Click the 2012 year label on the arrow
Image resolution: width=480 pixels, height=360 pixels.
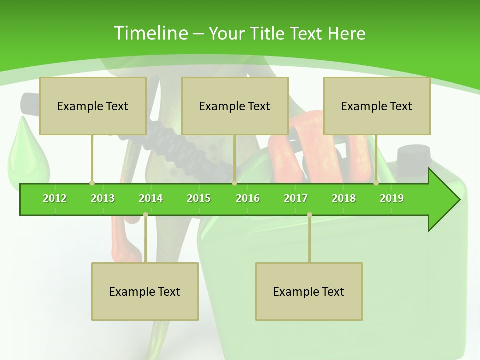point(55,198)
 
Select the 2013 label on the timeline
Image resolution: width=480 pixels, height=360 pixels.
point(103,198)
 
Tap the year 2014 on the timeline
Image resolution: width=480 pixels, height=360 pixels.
point(151,198)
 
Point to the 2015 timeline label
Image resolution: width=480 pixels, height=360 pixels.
point(199,198)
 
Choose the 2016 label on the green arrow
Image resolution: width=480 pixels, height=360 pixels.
point(248,198)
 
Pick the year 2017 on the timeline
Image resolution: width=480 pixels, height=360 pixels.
point(296,198)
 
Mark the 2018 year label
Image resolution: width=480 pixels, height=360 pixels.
point(344,198)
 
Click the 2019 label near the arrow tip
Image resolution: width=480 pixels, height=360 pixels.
point(392,198)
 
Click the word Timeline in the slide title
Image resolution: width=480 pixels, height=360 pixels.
point(150,33)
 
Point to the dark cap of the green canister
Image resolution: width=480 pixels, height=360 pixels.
point(413,155)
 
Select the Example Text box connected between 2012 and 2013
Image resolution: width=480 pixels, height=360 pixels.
point(93,106)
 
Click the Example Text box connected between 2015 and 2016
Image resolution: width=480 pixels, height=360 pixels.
point(235,106)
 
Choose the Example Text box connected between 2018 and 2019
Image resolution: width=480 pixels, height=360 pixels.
point(377,106)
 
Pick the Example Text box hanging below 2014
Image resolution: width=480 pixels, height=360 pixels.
point(145,291)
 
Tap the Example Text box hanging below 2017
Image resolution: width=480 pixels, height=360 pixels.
point(309,291)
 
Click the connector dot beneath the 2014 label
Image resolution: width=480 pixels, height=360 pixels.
point(145,214)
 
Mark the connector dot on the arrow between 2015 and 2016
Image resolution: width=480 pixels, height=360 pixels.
point(234,183)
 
